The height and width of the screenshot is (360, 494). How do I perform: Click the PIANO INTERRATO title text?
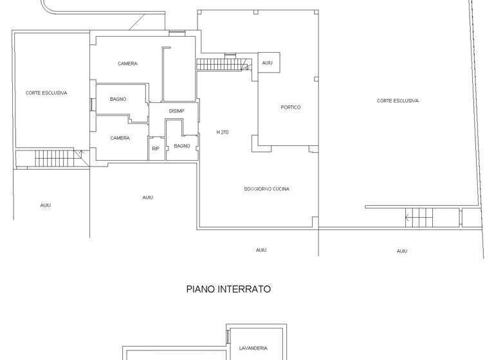point(228,289)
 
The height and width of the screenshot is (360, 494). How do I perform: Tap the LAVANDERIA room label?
point(253,348)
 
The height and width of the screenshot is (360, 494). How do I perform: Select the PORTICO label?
point(291,107)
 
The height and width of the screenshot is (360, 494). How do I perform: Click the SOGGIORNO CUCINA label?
point(266,189)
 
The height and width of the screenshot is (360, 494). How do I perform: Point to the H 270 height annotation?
point(223,132)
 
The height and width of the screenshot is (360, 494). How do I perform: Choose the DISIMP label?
point(176,111)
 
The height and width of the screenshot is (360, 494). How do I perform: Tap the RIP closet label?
point(155,148)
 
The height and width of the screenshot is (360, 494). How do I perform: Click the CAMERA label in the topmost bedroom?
point(127,64)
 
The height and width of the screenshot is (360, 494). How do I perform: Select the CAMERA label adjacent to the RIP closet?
point(120,138)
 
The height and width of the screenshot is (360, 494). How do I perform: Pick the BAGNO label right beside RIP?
point(182,146)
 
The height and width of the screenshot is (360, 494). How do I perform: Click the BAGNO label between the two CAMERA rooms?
point(118,99)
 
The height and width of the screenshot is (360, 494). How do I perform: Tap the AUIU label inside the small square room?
point(268,63)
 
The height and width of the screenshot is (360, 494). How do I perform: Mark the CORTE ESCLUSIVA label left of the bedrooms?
point(46,93)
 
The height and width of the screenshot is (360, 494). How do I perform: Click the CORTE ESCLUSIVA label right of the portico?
point(398,101)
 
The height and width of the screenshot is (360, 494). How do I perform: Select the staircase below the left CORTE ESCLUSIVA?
point(55,157)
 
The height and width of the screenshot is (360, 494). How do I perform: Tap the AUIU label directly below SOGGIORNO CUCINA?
point(261,250)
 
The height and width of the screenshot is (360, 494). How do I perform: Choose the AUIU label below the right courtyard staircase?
point(402,251)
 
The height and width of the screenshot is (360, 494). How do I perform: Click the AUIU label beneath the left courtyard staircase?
point(46,205)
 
